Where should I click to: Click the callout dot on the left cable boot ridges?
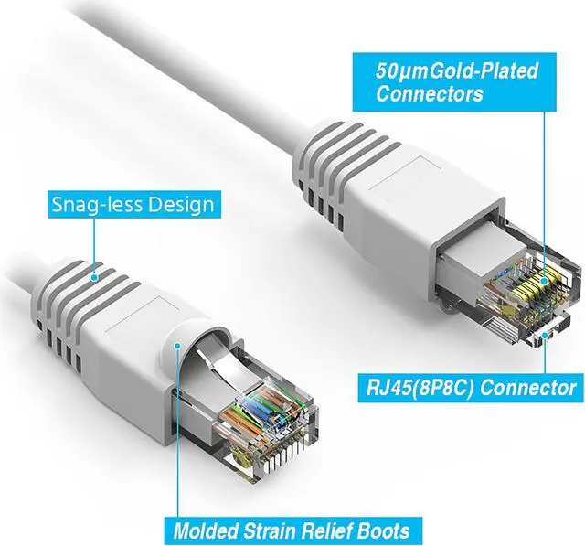click(x=96, y=270)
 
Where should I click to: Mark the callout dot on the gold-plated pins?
click(x=545, y=284)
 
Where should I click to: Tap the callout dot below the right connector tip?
click(x=547, y=337)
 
